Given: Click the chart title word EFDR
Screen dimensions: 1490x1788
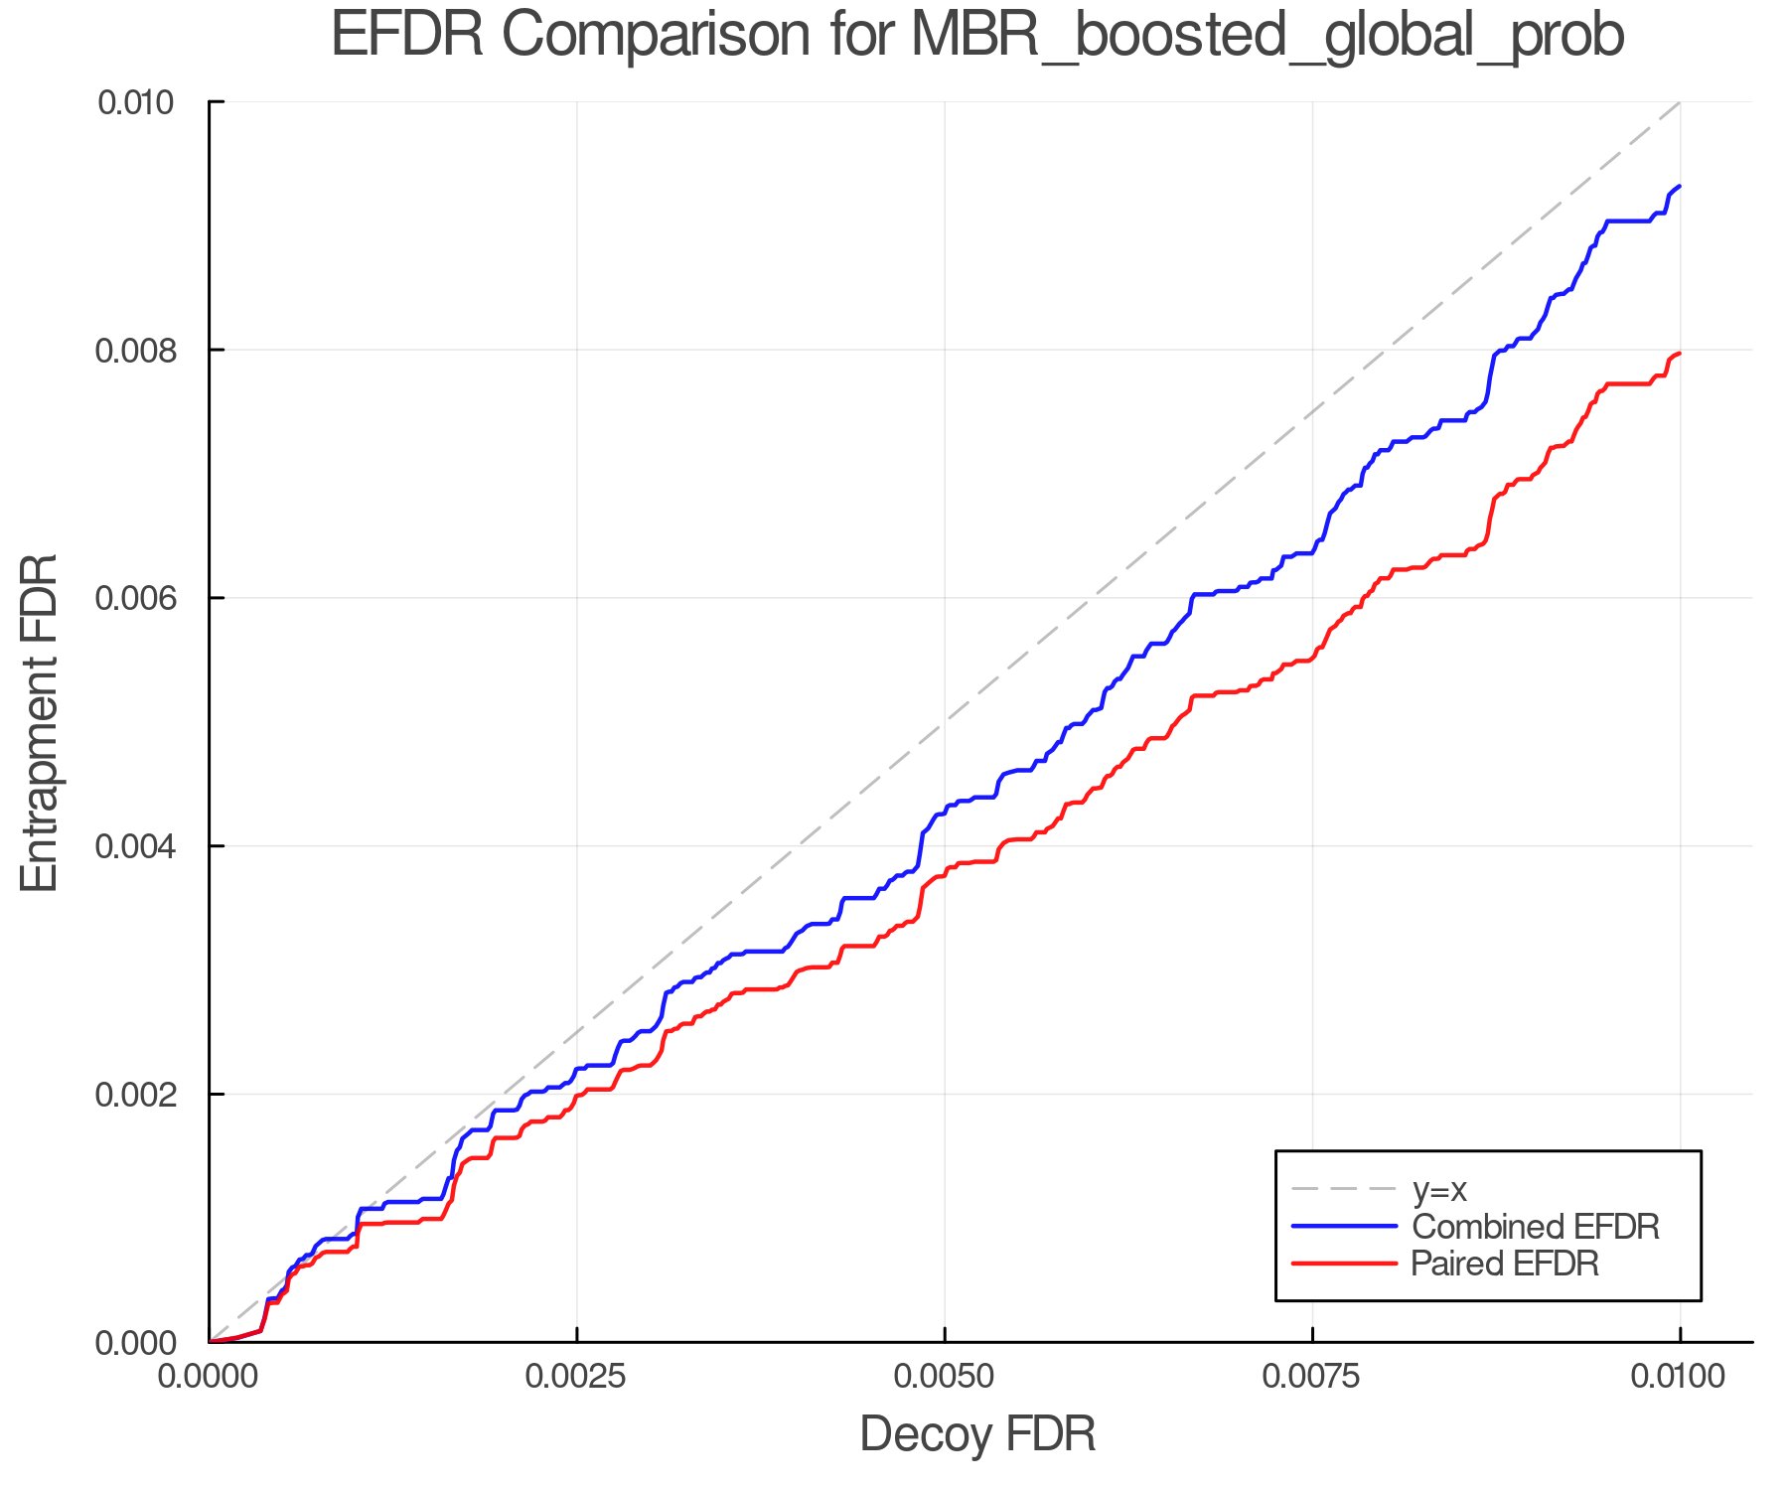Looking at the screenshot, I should tap(407, 36).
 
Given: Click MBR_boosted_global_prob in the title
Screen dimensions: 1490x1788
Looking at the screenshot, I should tap(1266, 36).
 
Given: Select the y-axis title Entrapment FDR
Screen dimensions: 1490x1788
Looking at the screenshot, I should tap(40, 722).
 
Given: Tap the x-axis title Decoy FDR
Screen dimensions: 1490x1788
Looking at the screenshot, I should tap(977, 1433).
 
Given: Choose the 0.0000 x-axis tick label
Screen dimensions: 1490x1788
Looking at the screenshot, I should tap(209, 1377).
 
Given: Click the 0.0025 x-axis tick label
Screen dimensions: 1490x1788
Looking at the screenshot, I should tap(577, 1377).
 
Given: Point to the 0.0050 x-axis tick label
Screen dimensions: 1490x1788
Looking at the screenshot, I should tap(945, 1377).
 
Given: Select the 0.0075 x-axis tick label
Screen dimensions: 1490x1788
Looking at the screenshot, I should tap(1312, 1377).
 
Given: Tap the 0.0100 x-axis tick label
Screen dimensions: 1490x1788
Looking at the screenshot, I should tap(1680, 1377).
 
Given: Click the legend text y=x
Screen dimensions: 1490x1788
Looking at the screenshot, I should tap(1438, 1189).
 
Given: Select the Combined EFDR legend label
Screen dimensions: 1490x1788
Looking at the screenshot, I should tap(1535, 1227).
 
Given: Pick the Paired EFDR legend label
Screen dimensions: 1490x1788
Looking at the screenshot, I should tap(1504, 1264).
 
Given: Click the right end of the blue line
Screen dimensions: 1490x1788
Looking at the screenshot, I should tap(1679, 187).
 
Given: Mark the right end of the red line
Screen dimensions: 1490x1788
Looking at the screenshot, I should tap(1679, 354).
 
